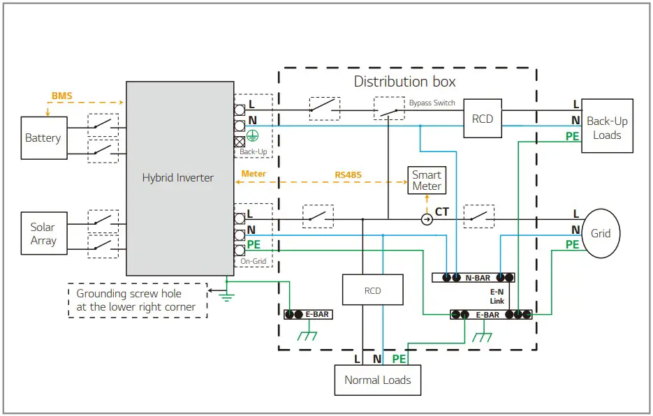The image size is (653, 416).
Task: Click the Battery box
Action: click(43, 138)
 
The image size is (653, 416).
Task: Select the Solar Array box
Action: click(43, 234)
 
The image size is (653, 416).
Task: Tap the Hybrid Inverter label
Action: click(177, 178)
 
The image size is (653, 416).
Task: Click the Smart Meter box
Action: click(426, 180)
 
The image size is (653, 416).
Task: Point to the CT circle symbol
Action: click(426, 219)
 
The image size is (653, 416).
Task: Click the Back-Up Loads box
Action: click(606, 128)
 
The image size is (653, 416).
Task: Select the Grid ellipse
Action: click(601, 233)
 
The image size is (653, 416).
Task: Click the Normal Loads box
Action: click(377, 380)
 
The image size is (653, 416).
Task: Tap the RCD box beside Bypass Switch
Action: click(482, 119)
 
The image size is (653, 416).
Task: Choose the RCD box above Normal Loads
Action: click(373, 290)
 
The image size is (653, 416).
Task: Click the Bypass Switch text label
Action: click(432, 103)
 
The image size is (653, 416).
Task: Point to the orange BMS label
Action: click(61, 96)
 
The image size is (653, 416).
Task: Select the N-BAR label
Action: click(477, 278)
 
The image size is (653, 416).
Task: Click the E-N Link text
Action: click(497, 296)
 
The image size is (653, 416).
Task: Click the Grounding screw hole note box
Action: click(137, 300)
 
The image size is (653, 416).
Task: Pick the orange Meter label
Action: click(254, 173)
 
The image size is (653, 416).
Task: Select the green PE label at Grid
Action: click(572, 244)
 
